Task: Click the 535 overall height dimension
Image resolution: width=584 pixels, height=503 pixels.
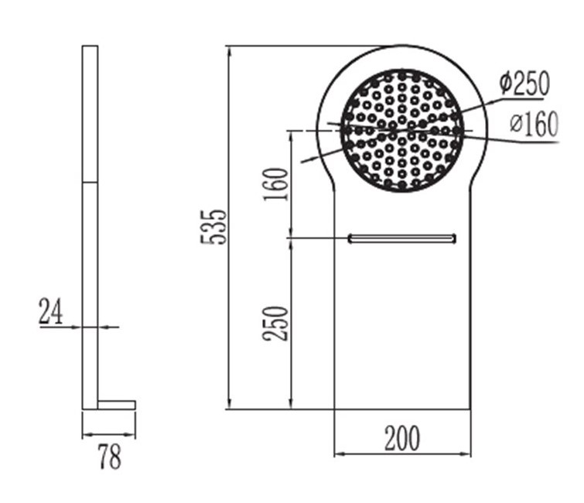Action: tap(213, 227)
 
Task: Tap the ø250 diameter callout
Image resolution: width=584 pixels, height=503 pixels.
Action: tap(524, 83)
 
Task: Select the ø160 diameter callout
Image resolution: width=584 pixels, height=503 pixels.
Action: tap(534, 123)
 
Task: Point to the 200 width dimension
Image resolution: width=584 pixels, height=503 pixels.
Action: tap(402, 438)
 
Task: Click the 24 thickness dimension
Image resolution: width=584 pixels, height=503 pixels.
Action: tap(50, 311)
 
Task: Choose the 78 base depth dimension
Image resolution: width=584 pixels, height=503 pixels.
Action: tap(110, 457)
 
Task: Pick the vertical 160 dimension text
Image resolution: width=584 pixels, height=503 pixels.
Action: tap(276, 184)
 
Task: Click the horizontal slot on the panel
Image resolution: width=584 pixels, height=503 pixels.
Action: tap(402, 238)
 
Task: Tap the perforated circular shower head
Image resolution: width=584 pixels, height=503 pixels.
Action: tap(402, 131)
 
